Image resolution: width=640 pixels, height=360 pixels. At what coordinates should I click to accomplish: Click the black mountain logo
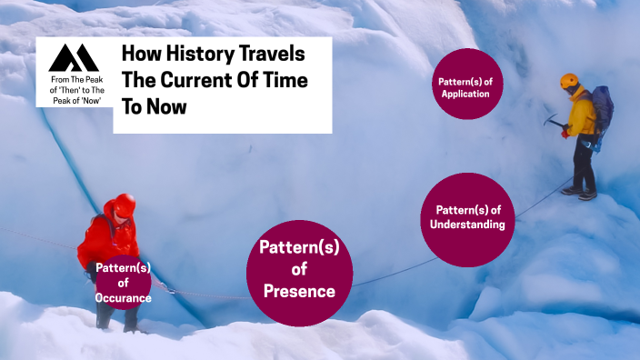(x=74, y=57)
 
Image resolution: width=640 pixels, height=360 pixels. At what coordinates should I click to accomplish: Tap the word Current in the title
(x=196, y=80)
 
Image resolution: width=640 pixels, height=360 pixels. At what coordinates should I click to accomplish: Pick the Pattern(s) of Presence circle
(x=299, y=270)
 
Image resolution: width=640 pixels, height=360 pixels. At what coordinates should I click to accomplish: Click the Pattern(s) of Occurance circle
(x=123, y=283)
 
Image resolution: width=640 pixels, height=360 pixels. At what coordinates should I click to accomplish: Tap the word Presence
(x=299, y=292)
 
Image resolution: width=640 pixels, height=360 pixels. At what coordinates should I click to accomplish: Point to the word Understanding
(x=465, y=225)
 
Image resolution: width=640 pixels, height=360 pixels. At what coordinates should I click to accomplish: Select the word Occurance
(x=123, y=297)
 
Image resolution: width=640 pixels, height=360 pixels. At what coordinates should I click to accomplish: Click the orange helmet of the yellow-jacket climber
(x=570, y=81)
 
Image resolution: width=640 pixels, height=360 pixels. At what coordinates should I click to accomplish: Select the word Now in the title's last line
(x=170, y=106)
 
